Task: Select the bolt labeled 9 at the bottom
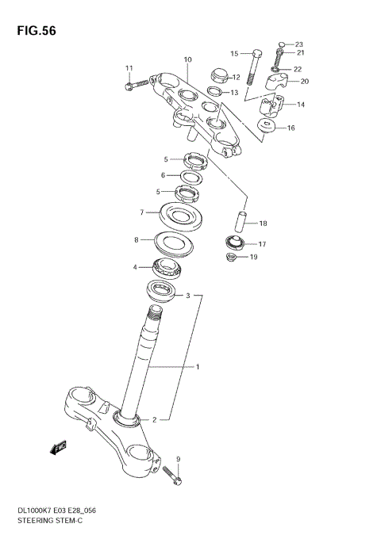tap(172, 476)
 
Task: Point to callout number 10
tap(188, 59)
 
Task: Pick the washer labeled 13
tap(215, 92)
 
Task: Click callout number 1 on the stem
tap(198, 367)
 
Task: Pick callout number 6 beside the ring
tap(163, 175)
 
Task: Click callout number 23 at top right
tap(298, 44)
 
